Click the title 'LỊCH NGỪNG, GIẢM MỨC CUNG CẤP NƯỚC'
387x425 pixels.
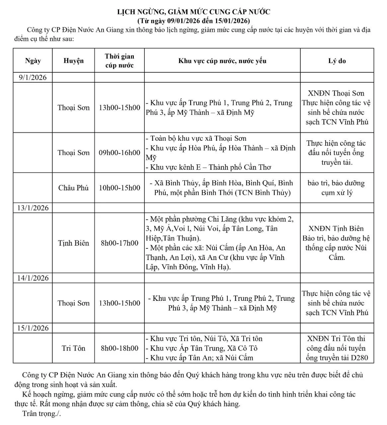coord(194,12)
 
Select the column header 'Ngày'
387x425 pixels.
coord(33,61)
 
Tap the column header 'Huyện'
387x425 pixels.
coord(73,61)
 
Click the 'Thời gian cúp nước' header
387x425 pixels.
coord(119,61)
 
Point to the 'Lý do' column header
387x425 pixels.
coord(337,61)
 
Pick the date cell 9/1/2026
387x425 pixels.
coord(33,78)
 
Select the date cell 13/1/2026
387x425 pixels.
coord(33,208)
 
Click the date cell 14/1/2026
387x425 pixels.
coord(33,278)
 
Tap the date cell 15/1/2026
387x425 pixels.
coord(33,328)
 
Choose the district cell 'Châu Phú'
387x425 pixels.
coord(73,188)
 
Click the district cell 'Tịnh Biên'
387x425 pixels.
coord(73,243)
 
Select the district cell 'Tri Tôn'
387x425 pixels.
coord(73,348)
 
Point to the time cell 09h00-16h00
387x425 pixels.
coord(119,153)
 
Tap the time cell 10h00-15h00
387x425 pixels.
coord(119,188)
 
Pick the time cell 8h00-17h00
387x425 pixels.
coord(119,243)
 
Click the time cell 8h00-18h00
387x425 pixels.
coord(119,348)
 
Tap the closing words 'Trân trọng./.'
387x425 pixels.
coord(41,414)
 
